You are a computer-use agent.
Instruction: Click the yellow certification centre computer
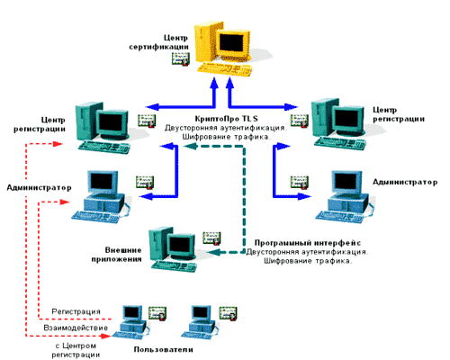pyautogui.click(x=223, y=48)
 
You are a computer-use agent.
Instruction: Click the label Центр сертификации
pyautogui.click(x=158, y=42)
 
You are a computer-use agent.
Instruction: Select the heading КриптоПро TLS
pyautogui.click(x=226, y=119)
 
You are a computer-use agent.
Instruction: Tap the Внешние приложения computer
pyautogui.click(x=174, y=249)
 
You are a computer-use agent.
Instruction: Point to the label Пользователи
pyautogui.click(x=163, y=349)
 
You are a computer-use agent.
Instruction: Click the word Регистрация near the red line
pyautogui.click(x=76, y=311)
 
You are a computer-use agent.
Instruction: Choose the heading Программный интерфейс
pyautogui.click(x=308, y=243)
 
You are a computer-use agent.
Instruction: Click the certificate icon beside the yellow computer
pyautogui.click(x=181, y=58)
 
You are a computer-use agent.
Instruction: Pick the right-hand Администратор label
pyautogui.click(x=405, y=182)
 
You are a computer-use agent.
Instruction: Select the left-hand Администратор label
pyautogui.click(x=39, y=188)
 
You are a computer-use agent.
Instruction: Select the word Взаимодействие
pyautogui.click(x=76, y=328)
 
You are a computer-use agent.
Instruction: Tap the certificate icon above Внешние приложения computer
pyautogui.click(x=211, y=238)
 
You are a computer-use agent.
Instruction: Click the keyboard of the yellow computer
pyautogui.click(x=224, y=69)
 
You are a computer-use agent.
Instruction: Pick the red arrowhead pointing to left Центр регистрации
pyautogui.click(x=58, y=144)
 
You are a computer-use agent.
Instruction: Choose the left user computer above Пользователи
pyautogui.click(x=131, y=322)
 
